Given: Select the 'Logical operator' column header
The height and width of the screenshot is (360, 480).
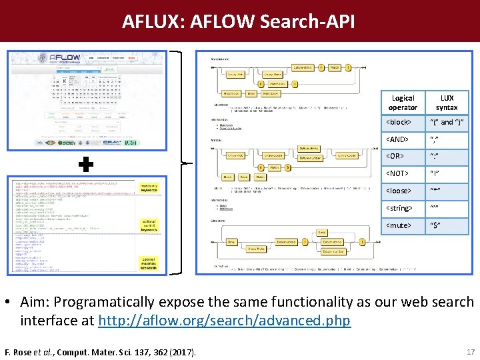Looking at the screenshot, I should click(x=403, y=103).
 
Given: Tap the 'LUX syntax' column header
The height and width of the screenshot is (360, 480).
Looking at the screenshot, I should click(x=446, y=103).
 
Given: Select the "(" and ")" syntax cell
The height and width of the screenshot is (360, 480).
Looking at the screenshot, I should click(x=446, y=123).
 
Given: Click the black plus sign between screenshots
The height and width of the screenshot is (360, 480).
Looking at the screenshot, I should click(x=86, y=163).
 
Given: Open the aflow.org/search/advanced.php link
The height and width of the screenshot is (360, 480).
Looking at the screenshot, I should click(x=224, y=321).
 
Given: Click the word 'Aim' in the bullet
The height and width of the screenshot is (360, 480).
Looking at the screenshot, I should click(x=34, y=302).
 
